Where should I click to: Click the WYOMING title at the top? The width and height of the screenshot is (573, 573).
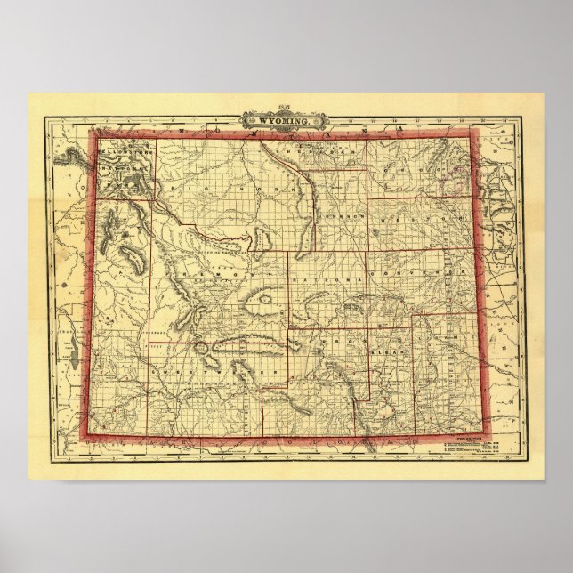286,119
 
